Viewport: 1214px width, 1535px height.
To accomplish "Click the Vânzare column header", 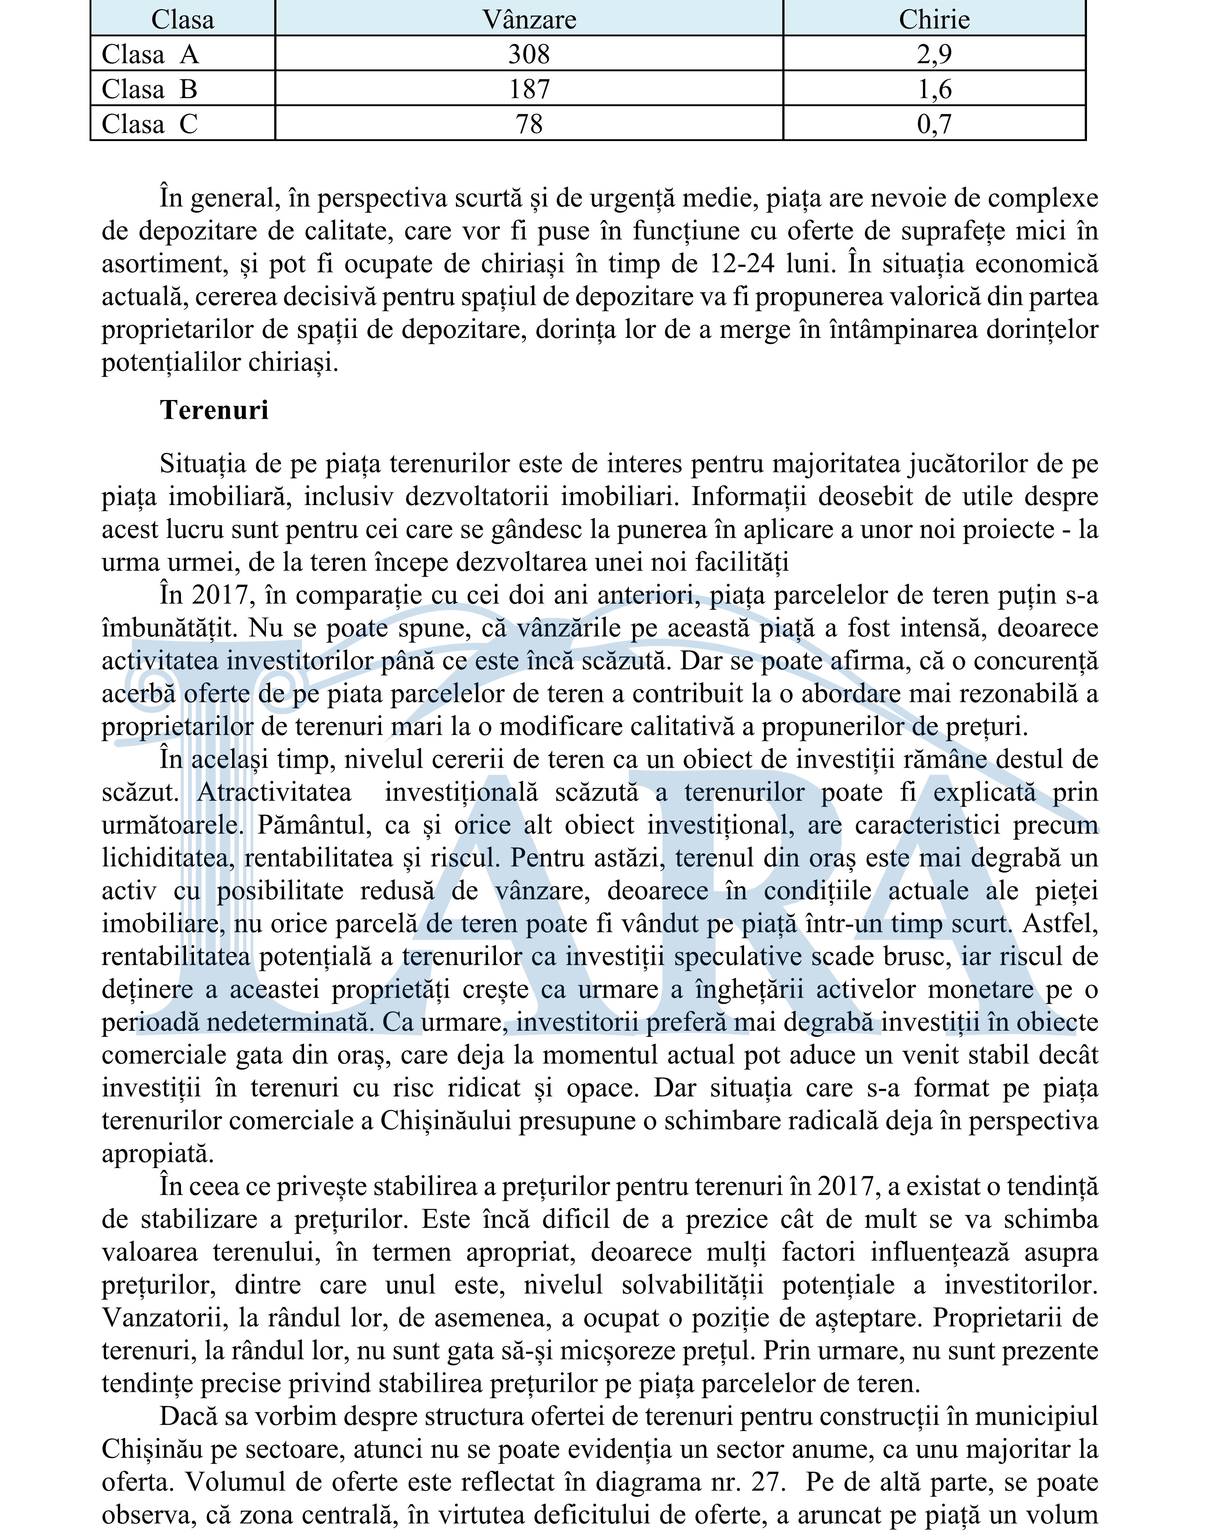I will [x=529, y=19].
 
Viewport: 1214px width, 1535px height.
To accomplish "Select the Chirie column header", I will [x=934, y=19].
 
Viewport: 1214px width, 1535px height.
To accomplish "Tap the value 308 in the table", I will [x=529, y=54].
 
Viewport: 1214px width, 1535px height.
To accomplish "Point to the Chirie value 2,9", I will [x=934, y=54].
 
